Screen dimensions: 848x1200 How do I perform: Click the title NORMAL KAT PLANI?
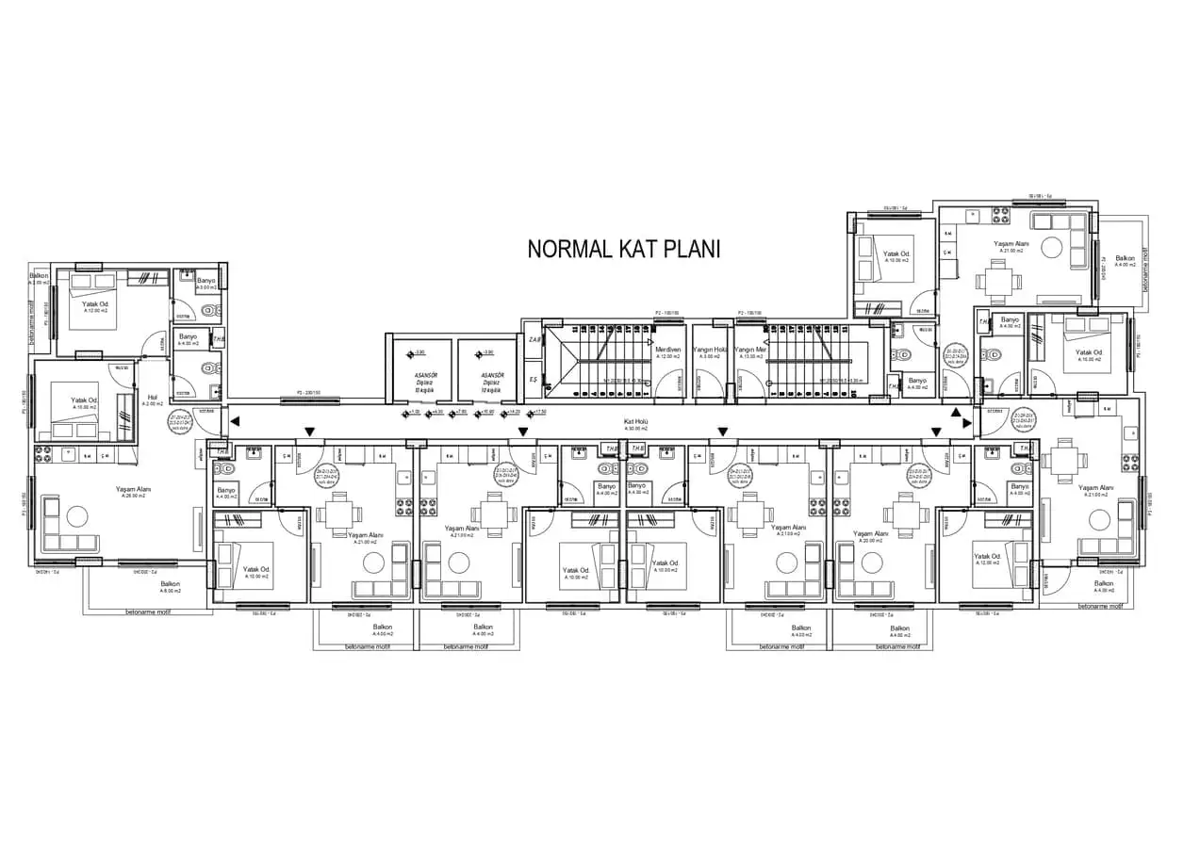click(623, 250)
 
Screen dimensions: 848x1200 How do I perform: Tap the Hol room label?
click(152, 398)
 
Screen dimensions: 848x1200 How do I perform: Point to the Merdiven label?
click(668, 350)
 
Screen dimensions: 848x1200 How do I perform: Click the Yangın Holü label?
click(709, 350)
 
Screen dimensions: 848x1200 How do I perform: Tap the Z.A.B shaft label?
click(534, 339)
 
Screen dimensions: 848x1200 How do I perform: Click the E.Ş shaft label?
click(533, 379)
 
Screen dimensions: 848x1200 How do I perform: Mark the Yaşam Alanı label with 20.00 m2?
click(871, 534)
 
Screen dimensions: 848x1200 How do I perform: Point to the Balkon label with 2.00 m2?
click(39, 277)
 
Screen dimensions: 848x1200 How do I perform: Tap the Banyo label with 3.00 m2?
click(206, 282)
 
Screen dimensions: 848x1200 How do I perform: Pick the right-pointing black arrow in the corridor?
click(967, 423)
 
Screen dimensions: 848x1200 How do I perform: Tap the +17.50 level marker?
click(540, 412)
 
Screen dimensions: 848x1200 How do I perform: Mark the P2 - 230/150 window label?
click(308, 391)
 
